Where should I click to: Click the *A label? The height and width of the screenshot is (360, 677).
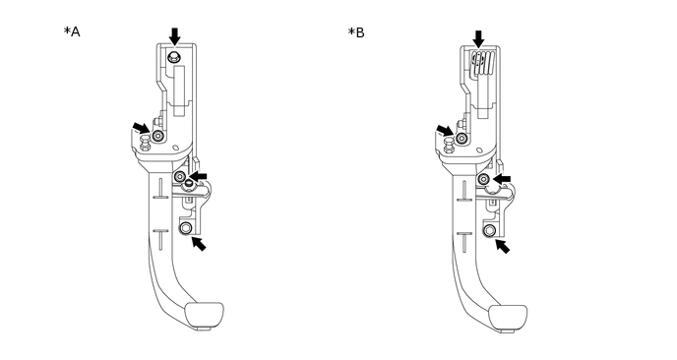[x=72, y=31]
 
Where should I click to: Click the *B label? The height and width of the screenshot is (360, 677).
[x=356, y=32]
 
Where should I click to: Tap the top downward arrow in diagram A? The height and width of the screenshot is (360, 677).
[x=174, y=36]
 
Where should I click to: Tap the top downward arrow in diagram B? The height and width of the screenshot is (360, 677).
[x=478, y=38]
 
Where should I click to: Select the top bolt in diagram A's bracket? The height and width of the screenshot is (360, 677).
[x=173, y=56]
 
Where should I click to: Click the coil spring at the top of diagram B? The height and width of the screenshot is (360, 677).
[x=483, y=64]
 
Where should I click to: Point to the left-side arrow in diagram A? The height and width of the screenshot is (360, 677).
[x=141, y=128]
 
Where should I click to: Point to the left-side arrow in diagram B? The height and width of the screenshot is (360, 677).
[x=445, y=131]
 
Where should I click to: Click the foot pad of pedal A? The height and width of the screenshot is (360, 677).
[x=205, y=315]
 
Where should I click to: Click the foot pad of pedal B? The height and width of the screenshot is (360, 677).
[x=508, y=318]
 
